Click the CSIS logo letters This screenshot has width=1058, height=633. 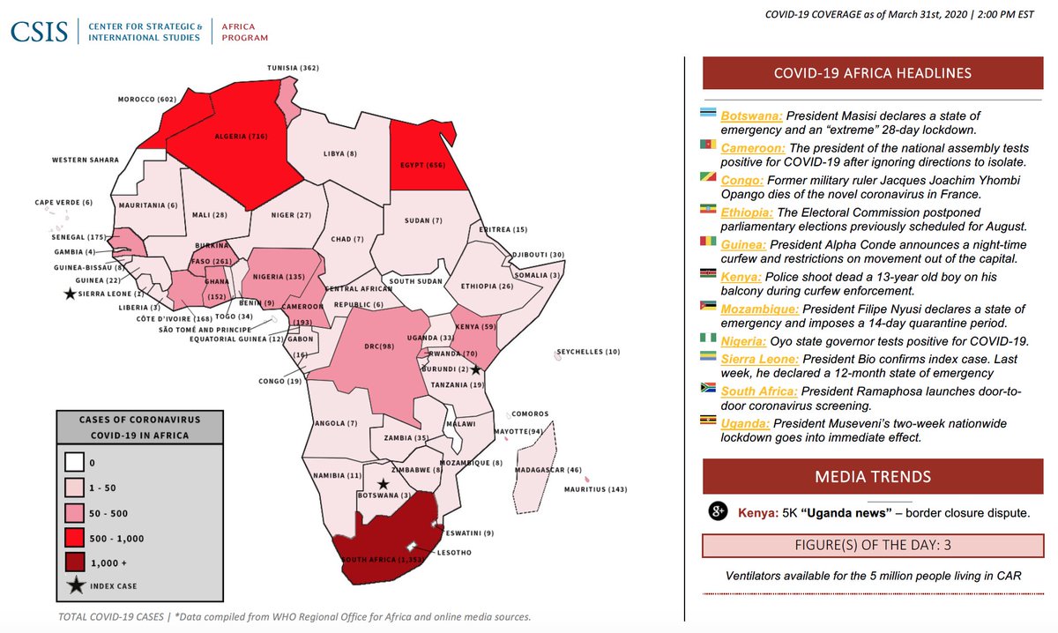[41, 31]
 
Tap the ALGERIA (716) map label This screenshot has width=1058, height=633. [241, 137]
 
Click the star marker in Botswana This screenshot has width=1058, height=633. [383, 484]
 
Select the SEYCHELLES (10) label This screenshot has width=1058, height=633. [592, 352]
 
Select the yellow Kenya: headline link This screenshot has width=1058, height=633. [741, 277]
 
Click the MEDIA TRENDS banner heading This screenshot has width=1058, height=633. [873, 477]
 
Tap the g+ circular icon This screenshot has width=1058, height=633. [719, 512]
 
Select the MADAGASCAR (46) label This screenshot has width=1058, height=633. [548, 470]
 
